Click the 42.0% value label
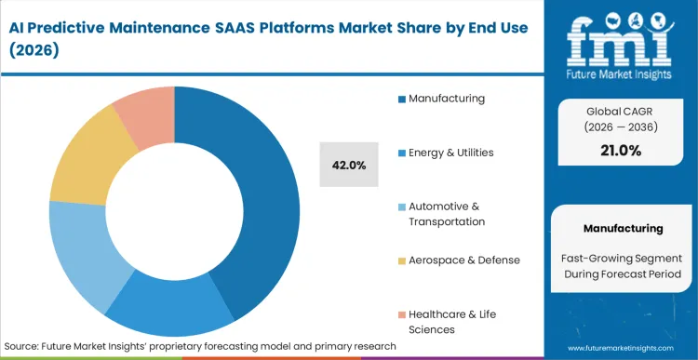click(x=349, y=166)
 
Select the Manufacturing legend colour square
click(x=401, y=99)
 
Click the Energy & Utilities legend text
click(x=450, y=153)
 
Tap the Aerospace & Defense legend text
click(x=464, y=260)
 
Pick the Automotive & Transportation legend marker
click(x=401, y=206)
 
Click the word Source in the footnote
click(x=22, y=345)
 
